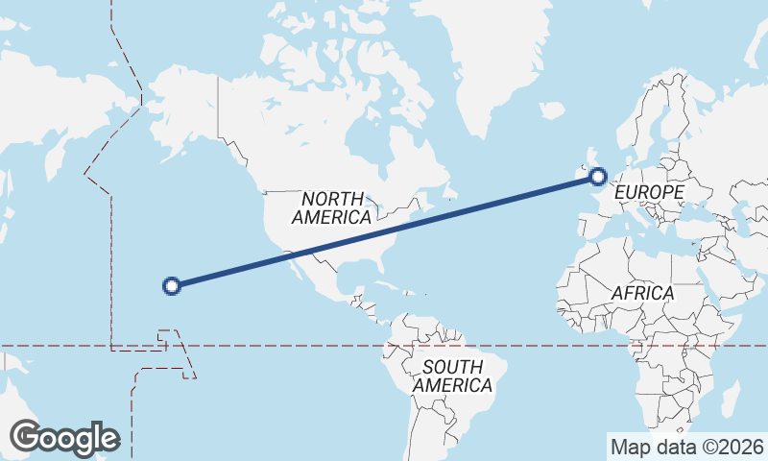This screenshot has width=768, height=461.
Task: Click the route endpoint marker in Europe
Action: point(598,176)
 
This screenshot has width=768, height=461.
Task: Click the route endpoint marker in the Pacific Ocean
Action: point(172,285)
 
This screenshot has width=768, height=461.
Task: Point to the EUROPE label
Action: point(649,193)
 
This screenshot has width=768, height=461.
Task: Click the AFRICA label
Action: point(642,292)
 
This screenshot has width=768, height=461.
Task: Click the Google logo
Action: point(64,438)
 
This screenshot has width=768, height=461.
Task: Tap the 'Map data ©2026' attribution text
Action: point(686,447)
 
